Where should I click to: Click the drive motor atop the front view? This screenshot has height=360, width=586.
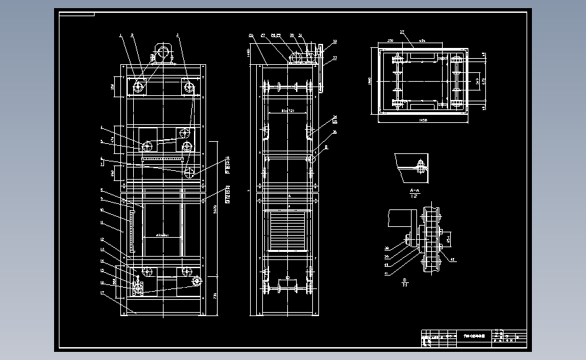coord(162,52)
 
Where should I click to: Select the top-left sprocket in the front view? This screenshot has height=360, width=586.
coord(139,86)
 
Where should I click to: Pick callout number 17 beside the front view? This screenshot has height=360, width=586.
coord(101,292)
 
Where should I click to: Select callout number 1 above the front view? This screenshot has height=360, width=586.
coord(120,34)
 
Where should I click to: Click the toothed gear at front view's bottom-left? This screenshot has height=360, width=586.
coord(138,288)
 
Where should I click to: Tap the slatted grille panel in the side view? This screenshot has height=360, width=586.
coord(288,230)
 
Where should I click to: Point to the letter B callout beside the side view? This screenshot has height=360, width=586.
coord(326,146)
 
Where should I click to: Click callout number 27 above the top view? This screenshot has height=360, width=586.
coord(401,32)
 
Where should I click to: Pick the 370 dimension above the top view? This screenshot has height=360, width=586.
coord(391,41)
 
